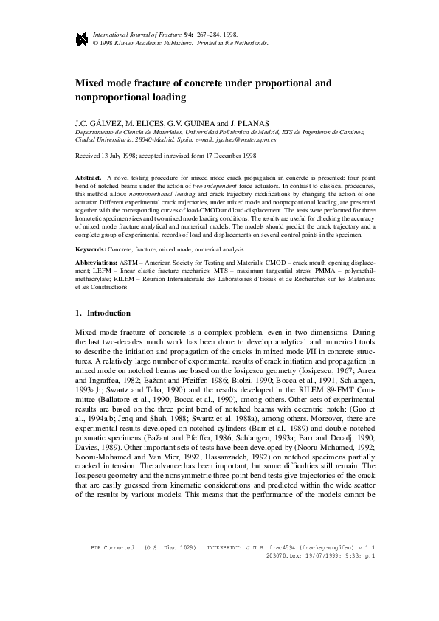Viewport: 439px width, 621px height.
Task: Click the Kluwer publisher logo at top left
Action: (80, 38)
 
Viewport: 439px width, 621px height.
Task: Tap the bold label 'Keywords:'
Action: (91, 251)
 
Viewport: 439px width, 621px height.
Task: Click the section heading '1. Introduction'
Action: (103, 313)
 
